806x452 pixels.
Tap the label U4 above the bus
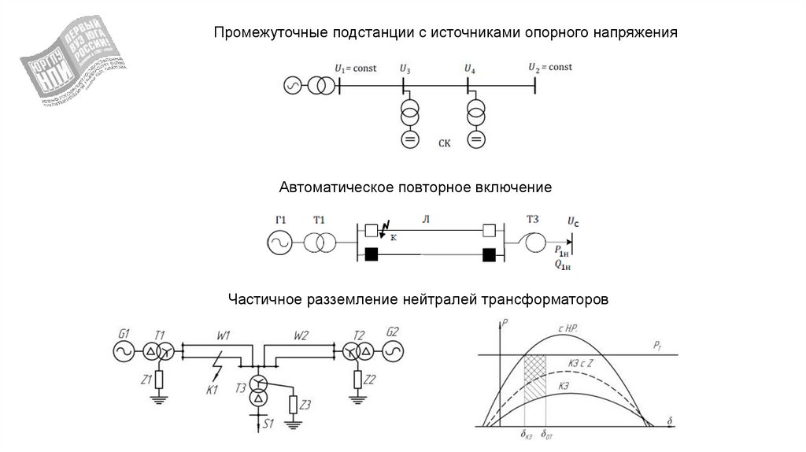click(x=470, y=69)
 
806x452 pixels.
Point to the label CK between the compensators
click(x=445, y=143)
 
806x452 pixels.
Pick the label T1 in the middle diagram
click(x=318, y=218)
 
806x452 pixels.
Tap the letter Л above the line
click(x=425, y=218)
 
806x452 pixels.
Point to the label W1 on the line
click(x=223, y=335)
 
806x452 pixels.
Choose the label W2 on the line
click(x=301, y=335)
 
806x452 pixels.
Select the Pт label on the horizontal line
click(x=658, y=346)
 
